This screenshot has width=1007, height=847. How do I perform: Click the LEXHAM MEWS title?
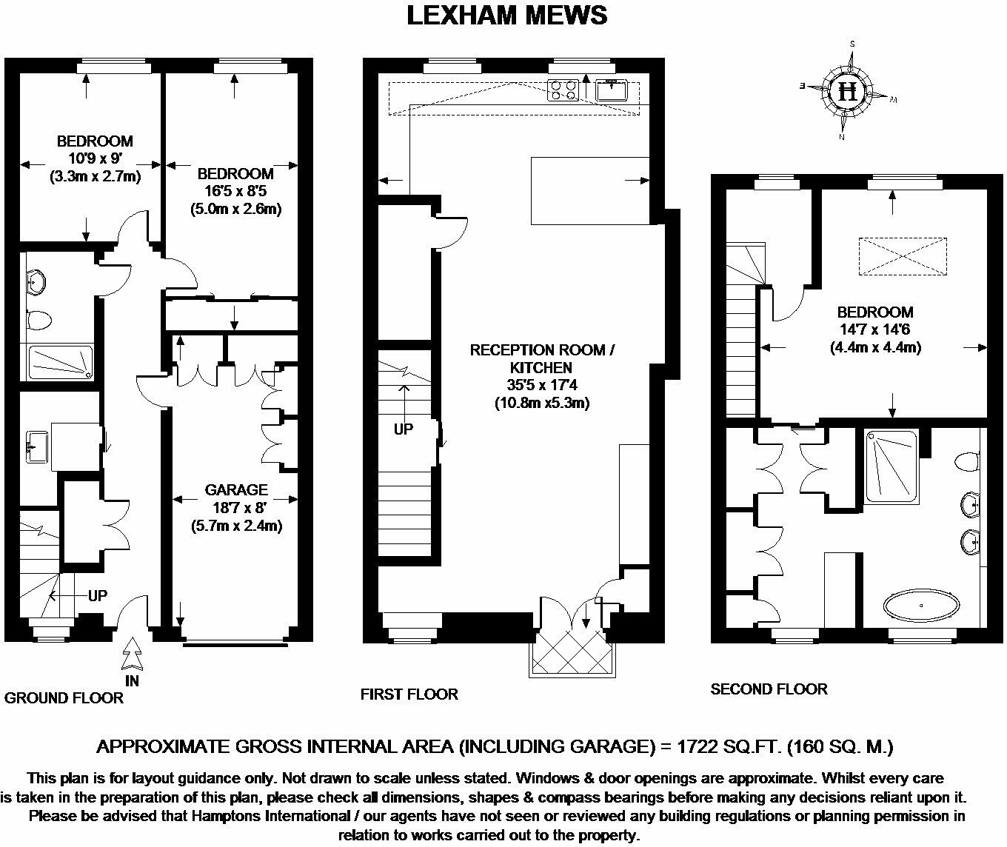pos(507,15)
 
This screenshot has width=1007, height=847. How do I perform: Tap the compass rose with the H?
pos(849,92)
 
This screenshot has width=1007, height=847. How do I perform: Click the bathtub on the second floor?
pos(922,604)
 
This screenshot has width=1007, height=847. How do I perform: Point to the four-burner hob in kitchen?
pos(563,90)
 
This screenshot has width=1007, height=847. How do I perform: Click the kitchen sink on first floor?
pos(612,90)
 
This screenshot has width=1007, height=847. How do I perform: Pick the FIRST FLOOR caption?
pos(409,694)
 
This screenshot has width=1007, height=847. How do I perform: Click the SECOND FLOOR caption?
pos(769,689)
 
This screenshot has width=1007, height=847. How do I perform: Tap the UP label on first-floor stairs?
pos(404,429)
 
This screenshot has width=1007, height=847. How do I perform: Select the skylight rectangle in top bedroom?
pos(903,257)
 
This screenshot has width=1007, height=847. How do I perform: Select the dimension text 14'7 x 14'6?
pos(874,329)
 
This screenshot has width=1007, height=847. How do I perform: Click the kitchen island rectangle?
pos(590,190)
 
